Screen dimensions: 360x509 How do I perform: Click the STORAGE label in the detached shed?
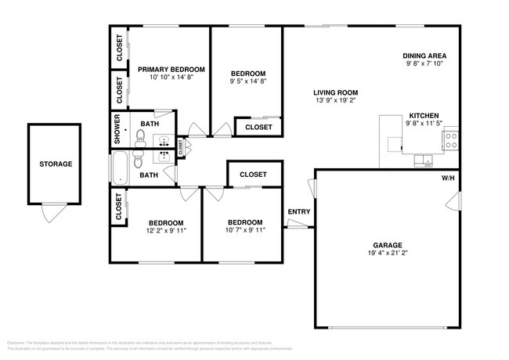[56, 164]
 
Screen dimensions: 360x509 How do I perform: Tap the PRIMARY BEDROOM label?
[171, 70]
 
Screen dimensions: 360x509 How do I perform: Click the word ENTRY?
[298, 211]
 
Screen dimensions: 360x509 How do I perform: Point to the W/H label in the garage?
[447, 178]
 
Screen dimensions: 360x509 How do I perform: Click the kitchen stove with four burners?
[451, 141]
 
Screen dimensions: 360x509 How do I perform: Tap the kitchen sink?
[428, 162]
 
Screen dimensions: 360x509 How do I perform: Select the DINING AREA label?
[424, 56]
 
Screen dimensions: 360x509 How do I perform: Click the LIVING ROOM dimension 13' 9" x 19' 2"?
[335, 100]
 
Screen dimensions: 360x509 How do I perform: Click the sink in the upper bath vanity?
[165, 142]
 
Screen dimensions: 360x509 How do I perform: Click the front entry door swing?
[296, 225]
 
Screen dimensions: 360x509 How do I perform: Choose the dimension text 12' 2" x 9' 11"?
[166, 231]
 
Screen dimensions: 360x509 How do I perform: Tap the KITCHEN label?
[423, 115]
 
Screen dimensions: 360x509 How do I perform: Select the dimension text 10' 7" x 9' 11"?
[245, 230]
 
